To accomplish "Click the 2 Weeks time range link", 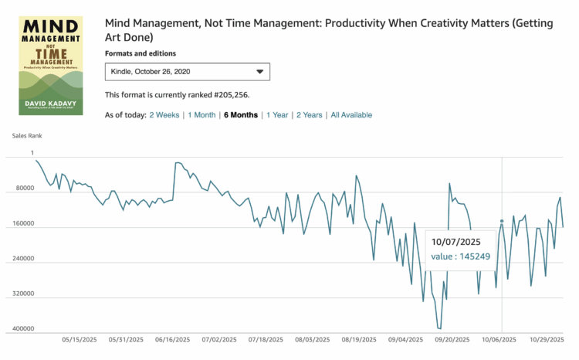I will click(x=164, y=115).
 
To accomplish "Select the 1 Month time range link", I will click(x=201, y=115).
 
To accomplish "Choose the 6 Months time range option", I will click(x=241, y=115).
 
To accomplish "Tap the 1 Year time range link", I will click(x=277, y=115).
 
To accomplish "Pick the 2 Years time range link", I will click(x=309, y=115).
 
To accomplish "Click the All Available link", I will click(x=351, y=115).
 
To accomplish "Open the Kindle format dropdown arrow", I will click(x=259, y=72).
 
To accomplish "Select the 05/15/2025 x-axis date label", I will click(x=78, y=339).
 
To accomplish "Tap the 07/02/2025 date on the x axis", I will click(x=218, y=339).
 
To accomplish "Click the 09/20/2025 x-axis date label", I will click(x=452, y=339).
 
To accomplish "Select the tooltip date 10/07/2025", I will click(x=455, y=241).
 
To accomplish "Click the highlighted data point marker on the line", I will click(x=502, y=222).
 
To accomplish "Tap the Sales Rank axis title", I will click(x=27, y=135).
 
